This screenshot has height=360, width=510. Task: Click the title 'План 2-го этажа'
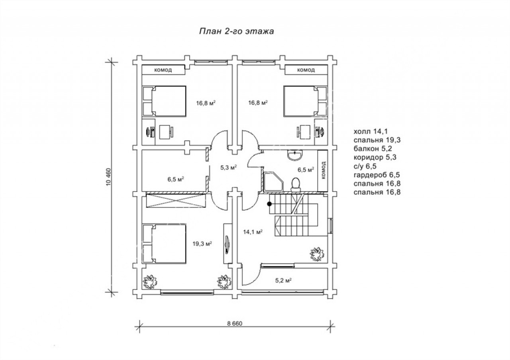pyautogui.click(x=237, y=31)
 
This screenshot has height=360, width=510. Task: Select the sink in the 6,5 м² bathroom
pyautogui.click(x=295, y=155)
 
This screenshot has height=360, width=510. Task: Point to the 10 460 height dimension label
pyautogui.click(x=109, y=176)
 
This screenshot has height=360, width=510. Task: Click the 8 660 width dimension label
pyautogui.click(x=235, y=323)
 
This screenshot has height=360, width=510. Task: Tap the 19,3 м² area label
pyautogui.click(x=202, y=244)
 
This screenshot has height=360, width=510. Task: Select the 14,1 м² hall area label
pyautogui.click(x=253, y=232)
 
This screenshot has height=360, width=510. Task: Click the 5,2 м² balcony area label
pyautogui.click(x=284, y=281)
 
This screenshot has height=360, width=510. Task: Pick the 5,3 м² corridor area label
pyautogui.click(x=229, y=168)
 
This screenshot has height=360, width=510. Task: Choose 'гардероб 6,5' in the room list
pyautogui.click(x=377, y=175)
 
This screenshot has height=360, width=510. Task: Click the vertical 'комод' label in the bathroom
pyautogui.click(x=324, y=170)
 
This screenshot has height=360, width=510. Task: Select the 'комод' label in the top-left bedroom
pyautogui.click(x=163, y=70)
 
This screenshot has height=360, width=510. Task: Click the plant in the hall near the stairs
pyautogui.click(x=317, y=254)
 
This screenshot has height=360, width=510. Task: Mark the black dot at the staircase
pyautogui.click(x=270, y=204)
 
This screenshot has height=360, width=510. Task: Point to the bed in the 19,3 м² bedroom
pyautogui.click(x=164, y=244)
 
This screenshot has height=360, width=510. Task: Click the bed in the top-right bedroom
pyautogui.click(x=306, y=101)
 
